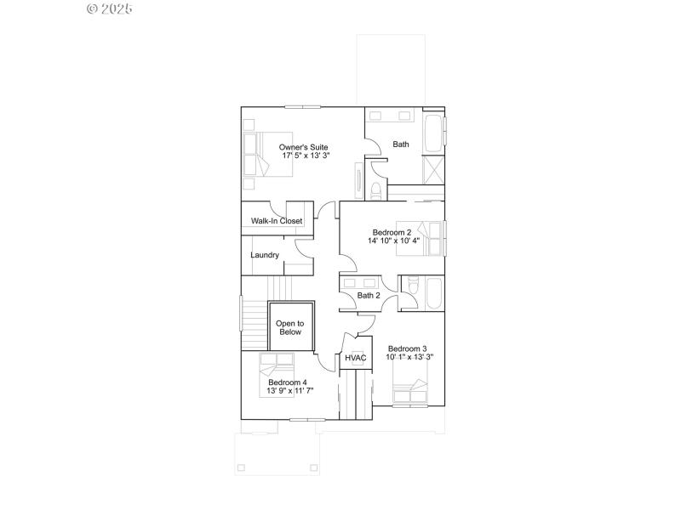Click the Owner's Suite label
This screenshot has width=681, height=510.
click(x=304, y=147)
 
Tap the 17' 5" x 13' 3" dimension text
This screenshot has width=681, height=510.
click(x=304, y=156)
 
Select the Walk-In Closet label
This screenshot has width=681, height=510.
click(x=277, y=221)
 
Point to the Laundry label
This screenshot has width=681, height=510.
click(x=265, y=255)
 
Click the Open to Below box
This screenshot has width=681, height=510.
click(x=289, y=328)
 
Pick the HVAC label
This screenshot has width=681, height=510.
click(x=356, y=358)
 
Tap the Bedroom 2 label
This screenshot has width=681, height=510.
click(x=392, y=232)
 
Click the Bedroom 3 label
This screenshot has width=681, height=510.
click(x=407, y=348)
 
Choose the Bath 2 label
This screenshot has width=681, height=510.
click(x=369, y=296)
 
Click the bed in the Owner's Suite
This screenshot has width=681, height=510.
click(x=267, y=154)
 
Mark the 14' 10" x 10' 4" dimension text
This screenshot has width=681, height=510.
click(x=394, y=241)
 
